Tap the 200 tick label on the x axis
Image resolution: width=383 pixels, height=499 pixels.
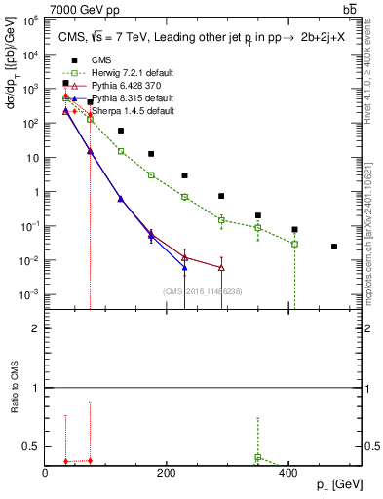point(167,473)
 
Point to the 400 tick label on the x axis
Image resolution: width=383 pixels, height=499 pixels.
point(288,473)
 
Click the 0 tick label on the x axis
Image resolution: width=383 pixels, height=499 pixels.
point(46,473)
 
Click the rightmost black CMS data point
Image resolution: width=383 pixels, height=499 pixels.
point(334,247)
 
